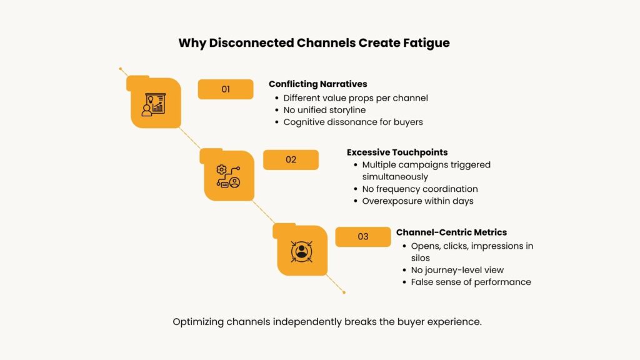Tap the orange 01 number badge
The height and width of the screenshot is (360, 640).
click(226, 89)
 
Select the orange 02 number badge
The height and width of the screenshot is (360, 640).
click(291, 159)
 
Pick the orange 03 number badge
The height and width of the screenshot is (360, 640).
click(363, 237)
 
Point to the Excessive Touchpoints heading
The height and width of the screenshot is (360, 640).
click(397, 152)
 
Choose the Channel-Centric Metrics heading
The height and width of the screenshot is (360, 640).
click(451, 232)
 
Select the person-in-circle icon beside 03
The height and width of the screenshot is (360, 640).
click(301, 251)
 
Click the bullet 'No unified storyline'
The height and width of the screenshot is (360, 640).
click(324, 110)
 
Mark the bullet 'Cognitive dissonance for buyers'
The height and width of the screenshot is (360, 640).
click(353, 122)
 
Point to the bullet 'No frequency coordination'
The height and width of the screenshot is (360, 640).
click(420, 189)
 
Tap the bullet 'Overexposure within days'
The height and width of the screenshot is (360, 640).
click(417, 201)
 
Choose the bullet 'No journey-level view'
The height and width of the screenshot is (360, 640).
click(457, 270)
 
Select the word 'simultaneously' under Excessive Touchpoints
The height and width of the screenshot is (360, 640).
click(395, 177)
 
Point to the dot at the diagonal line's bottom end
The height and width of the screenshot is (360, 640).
click(344, 292)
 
